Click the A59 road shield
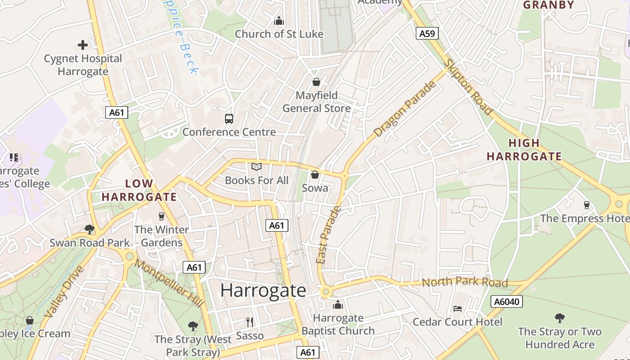(427, 33)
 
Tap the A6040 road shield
(506, 301)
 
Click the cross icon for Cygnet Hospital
(83, 45)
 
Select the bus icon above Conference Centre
(229, 119)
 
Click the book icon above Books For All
(256, 167)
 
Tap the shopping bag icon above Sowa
(315, 175)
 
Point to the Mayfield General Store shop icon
(316, 82)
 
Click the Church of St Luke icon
(279, 21)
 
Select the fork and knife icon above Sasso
(250, 322)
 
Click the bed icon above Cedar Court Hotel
(458, 309)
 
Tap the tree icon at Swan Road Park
(90, 229)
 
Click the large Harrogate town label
(263, 290)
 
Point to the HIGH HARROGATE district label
(524, 150)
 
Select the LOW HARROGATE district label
(139, 190)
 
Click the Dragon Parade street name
(405, 109)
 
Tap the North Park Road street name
(465, 282)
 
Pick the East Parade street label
(329, 235)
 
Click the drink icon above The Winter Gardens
(162, 216)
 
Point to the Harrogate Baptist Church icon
(338, 305)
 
